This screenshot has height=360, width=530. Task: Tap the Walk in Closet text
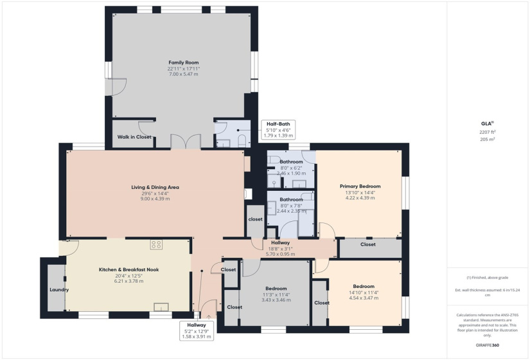[134, 137]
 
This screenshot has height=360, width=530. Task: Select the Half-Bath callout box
[279, 129]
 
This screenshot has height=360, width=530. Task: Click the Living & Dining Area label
[155, 187]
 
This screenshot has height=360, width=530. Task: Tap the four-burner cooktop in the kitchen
[156, 244]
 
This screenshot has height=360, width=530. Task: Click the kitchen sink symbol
[161, 307]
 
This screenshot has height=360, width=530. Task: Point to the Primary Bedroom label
[360, 186]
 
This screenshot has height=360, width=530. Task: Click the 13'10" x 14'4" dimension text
[360, 192]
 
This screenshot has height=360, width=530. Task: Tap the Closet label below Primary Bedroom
[367, 244]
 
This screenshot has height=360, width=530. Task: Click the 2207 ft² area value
[488, 132]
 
